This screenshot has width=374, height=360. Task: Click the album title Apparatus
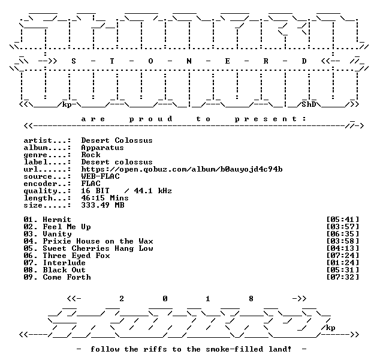[102, 148]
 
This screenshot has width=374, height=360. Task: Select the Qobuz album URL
[182, 169]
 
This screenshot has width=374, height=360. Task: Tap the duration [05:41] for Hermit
[342, 220]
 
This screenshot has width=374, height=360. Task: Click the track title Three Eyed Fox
[76, 256]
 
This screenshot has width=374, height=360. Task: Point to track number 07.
[31, 263]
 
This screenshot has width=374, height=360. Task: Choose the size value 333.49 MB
[102, 205]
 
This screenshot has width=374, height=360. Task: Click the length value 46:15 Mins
[105, 198]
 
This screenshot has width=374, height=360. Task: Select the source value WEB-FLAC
[100, 176]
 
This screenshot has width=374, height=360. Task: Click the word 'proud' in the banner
[151, 119]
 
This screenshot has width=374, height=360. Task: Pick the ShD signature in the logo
[309, 104]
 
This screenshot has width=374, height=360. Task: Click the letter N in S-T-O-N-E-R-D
[189, 61]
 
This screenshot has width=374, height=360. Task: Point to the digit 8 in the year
[251, 299]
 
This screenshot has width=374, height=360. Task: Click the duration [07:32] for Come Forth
[342, 277]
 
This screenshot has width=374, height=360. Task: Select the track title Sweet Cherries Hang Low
[98, 248]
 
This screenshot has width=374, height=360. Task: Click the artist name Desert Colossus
[117, 140]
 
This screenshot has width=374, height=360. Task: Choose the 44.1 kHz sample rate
[153, 191]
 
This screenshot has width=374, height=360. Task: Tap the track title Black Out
[64, 270]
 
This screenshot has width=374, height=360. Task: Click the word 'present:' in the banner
[270, 119]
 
